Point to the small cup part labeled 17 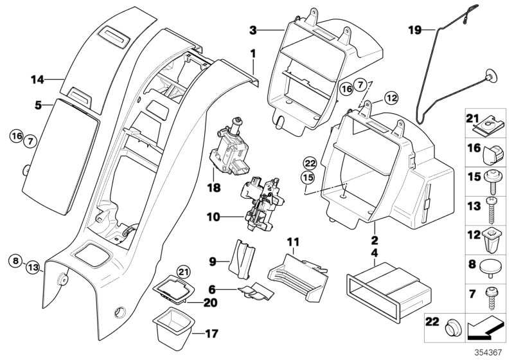point(172,321)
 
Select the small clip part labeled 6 point(254,292)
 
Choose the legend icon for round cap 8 point(493,264)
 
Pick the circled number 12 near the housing point(393,98)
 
